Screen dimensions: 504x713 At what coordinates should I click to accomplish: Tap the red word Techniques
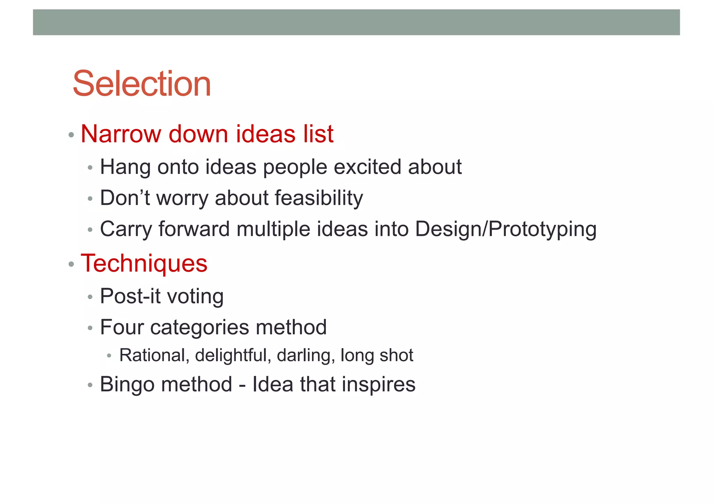coord(144,263)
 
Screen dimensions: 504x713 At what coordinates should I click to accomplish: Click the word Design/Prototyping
coord(506,230)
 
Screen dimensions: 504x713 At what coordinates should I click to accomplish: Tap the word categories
coord(199,328)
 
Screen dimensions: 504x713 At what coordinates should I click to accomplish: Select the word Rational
coord(152,356)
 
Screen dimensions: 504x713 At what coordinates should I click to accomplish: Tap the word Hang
coord(125,168)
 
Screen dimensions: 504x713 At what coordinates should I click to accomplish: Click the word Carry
coord(126,230)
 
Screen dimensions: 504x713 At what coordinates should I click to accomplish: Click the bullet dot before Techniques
coord(71,264)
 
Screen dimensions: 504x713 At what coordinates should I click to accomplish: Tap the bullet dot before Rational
coord(109,356)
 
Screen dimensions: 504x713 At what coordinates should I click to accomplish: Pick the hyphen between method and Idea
coord(242,385)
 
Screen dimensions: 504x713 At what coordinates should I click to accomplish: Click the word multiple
coord(273,230)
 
